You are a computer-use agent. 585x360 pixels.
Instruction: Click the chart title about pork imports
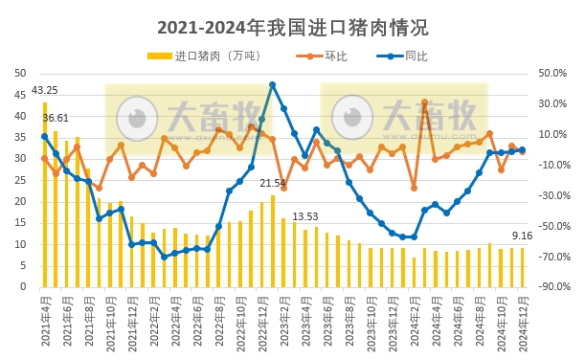292,26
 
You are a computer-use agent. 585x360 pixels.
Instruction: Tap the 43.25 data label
45,91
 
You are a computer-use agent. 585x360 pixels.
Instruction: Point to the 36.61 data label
56,118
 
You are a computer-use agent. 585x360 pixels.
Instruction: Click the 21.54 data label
273,183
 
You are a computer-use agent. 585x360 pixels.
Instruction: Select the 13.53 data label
305,217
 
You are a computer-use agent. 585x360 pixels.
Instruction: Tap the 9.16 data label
523,236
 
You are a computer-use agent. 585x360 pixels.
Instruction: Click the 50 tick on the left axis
21,73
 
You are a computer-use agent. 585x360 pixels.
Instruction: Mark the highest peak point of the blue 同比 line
273,85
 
